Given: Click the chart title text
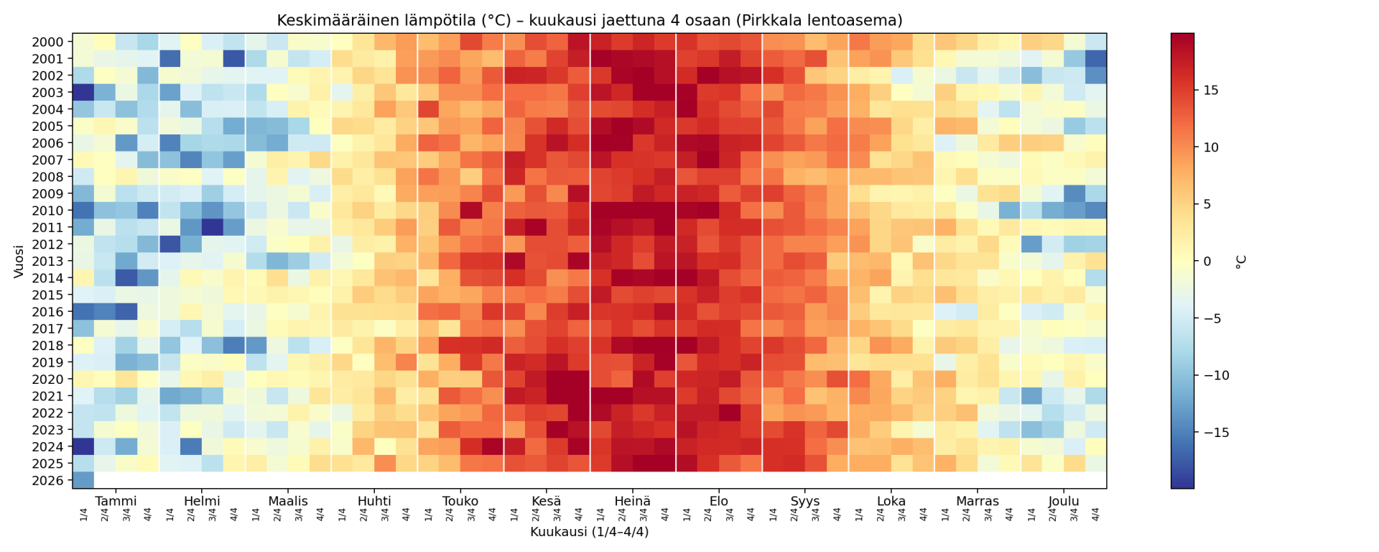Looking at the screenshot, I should tap(589, 20).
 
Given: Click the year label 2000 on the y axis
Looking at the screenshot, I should tap(47, 42).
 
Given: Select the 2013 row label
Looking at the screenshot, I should tap(47, 262).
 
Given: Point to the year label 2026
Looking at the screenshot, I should tap(47, 481).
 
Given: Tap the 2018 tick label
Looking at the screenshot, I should tap(47, 346).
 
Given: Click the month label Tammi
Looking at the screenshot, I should tap(116, 501).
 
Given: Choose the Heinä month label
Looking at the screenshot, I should tap(633, 501).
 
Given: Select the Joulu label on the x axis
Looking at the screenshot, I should tap(1064, 501).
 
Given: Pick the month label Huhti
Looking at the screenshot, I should tap(374, 501).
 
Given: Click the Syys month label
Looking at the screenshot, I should tap(805, 501).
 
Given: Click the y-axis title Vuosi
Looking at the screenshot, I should tap(19, 261).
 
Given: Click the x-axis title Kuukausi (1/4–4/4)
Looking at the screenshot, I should tap(589, 532).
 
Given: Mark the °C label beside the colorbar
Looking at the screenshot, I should tap(1240, 262).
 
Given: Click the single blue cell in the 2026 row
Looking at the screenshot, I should tap(83, 481).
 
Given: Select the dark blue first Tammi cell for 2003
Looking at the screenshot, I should tap(83, 93).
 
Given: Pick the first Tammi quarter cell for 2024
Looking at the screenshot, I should tap(83, 447).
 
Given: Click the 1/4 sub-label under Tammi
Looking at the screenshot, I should tap(83, 515).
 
